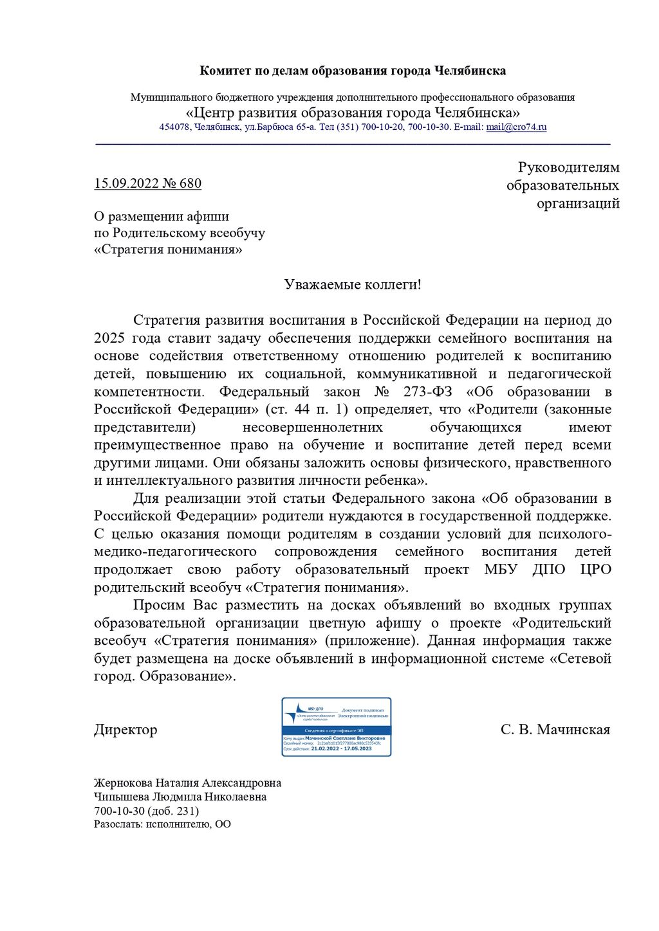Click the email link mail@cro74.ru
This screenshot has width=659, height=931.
tap(516, 127)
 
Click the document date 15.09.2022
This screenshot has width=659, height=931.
tap(126, 184)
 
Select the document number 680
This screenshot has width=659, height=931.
tap(190, 184)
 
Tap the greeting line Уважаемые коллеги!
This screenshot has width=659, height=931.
tap(353, 284)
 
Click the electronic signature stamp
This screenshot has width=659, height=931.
tap(337, 727)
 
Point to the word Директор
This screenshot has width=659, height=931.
tap(125, 730)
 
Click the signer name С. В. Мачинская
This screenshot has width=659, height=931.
tap(555, 730)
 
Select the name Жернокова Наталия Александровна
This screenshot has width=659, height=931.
tap(187, 783)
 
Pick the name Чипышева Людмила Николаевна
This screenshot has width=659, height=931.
tap(180, 797)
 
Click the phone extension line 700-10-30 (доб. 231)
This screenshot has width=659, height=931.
tap(146, 811)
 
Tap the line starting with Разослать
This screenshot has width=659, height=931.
tap(162, 824)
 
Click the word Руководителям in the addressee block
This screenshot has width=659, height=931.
tap(569, 168)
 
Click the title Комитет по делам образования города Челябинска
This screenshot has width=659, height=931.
tap(353, 71)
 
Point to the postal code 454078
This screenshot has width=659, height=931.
tap(174, 127)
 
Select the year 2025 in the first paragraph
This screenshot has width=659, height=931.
tap(109, 338)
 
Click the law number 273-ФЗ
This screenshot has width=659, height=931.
tap(428, 392)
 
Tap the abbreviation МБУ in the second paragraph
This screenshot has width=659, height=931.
tap(501, 570)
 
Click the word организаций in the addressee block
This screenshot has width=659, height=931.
tap(578, 204)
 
